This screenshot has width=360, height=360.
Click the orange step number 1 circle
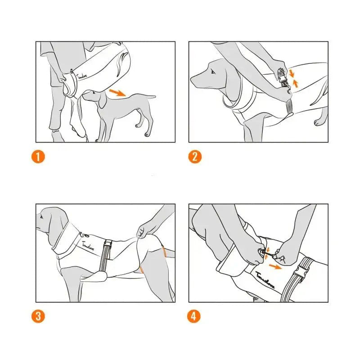[39, 157]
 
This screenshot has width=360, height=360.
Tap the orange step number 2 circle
[194, 157]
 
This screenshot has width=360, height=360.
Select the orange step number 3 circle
[39, 316]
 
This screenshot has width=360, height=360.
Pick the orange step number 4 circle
[194, 316]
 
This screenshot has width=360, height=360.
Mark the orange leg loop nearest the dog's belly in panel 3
[141, 270]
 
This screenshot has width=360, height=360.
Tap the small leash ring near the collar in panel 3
[81, 234]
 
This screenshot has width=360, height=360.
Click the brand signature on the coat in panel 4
[265, 279]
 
